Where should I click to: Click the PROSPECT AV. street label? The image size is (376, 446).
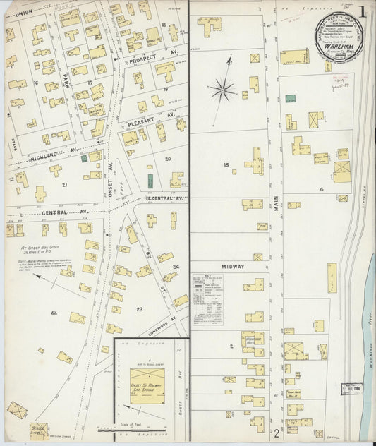point(147,61)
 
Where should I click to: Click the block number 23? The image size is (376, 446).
point(140,309)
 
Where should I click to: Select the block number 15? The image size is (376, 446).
point(226,165)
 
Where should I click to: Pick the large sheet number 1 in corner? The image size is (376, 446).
point(362,12)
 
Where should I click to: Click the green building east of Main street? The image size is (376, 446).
point(290,99)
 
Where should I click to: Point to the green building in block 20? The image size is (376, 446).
point(150,181)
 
